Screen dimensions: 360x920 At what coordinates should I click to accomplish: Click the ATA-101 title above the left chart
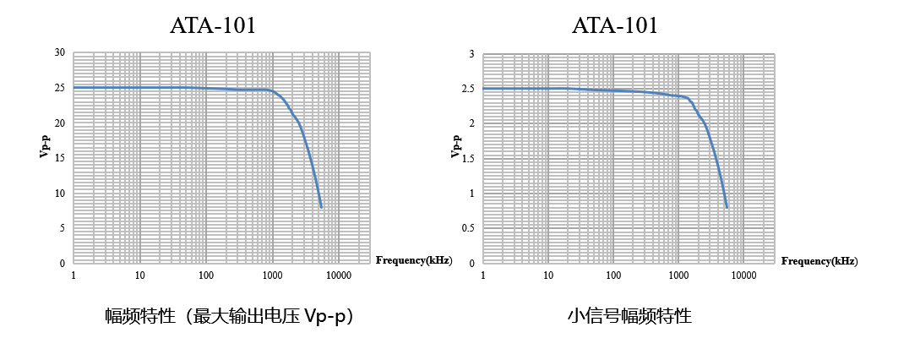[x=213, y=25]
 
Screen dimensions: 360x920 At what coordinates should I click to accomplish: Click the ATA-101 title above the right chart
[x=614, y=25]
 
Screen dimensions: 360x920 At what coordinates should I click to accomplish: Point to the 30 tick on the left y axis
[x=59, y=52]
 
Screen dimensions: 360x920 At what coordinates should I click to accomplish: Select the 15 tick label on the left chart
[x=59, y=158]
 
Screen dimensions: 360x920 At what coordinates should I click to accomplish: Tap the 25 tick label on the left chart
[x=59, y=88]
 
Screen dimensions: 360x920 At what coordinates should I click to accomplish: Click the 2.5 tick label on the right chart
[x=465, y=88]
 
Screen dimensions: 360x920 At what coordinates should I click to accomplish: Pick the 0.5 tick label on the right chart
[x=465, y=228]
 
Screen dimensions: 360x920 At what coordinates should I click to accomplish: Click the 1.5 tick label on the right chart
[x=465, y=158]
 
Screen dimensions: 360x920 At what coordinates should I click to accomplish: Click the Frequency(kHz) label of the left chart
[x=413, y=260]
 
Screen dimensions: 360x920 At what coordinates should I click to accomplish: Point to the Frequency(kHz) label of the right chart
[x=819, y=260]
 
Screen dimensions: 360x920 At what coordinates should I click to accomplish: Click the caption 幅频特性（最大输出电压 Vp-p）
[x=229, y=317]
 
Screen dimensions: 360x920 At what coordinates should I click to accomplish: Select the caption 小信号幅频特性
[x=629, y=317]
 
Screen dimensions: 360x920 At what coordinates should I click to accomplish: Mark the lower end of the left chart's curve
[x=321, y=207]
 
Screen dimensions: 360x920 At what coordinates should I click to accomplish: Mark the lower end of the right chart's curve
[x=727, y=207]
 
